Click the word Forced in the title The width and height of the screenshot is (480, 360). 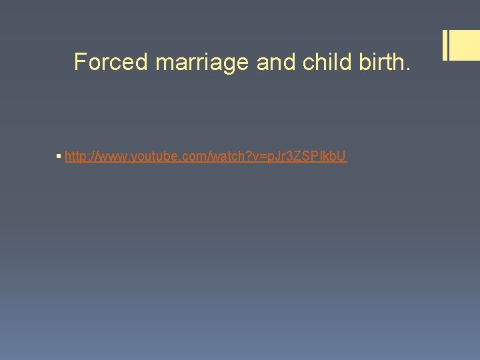click(x=111, y=62)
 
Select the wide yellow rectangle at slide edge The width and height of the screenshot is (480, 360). click(x=465, y=45)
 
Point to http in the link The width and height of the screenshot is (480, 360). click(x=75, y=157)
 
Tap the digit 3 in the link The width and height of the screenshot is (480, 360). click(x=286, y=157)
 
